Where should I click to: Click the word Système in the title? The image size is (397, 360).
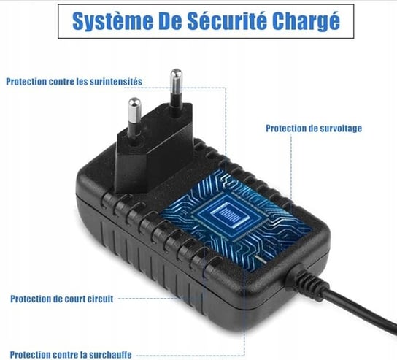tap(112, 21)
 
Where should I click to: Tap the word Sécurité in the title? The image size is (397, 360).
tap(227, 20)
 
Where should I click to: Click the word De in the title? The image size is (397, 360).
tap(170, 20)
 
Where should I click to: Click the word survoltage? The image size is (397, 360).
tap(341, 129)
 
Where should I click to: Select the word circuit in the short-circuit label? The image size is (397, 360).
tap(101, 299)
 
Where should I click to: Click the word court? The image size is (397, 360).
tap(75, 299)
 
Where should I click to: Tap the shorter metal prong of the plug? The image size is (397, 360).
tap(134, 118)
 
